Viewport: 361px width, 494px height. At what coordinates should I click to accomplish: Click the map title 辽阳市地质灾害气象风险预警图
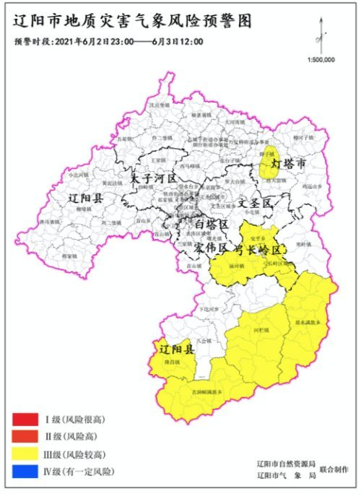(132, 22)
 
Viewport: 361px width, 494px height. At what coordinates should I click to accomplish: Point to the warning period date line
(108, 42)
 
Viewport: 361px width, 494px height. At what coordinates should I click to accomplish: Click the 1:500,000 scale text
(321, 61)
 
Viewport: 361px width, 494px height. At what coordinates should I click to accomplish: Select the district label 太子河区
(154, 177)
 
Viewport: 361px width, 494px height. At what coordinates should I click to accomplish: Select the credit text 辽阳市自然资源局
(286, 463)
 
